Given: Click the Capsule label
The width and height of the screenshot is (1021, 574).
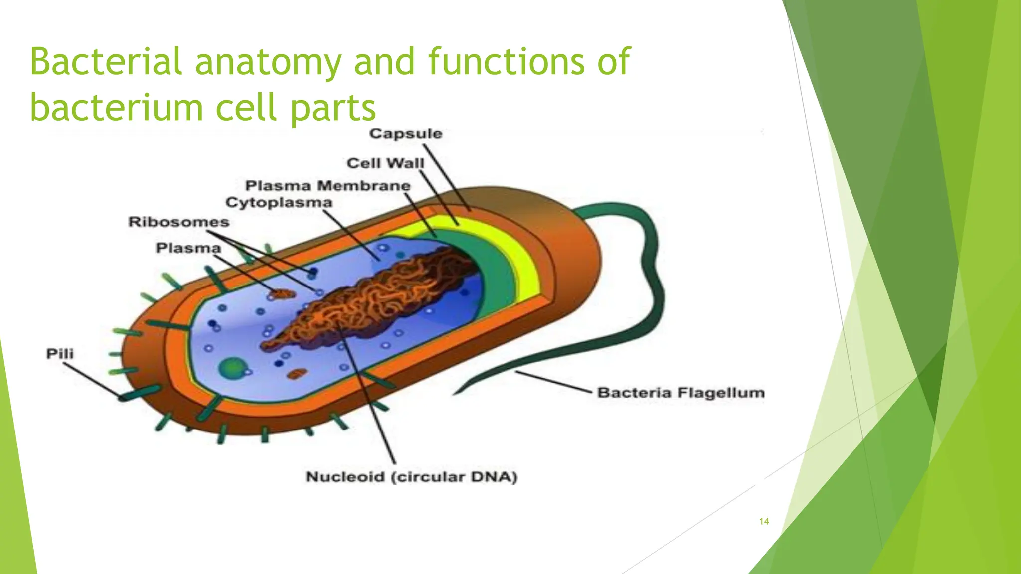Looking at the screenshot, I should coord(406,134).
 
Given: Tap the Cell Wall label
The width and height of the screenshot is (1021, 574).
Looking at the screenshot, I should coord(385,163).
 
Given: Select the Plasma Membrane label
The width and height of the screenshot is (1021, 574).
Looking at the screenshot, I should coord(328,186).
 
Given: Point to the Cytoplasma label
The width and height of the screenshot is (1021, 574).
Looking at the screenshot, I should coord(279,203).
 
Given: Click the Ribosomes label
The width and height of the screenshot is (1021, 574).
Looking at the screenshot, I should coord(179,222).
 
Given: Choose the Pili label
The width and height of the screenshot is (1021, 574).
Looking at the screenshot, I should coord(60,354).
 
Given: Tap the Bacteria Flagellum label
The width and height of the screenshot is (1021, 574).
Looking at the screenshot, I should coord(681,393).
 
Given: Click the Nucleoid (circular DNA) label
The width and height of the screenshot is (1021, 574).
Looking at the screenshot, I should coord(411,477).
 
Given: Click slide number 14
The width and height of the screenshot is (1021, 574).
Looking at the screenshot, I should coord(764,522).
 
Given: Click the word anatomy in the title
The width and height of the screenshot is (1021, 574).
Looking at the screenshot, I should coord(268,62).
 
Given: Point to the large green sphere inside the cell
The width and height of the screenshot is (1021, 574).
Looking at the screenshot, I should coord(231,368).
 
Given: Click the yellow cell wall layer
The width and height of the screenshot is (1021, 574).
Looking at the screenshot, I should coord(523,264).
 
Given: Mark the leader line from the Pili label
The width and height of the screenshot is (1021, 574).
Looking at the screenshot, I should coord(92,381).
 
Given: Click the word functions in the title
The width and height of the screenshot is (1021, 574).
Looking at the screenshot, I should coord(507,62).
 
